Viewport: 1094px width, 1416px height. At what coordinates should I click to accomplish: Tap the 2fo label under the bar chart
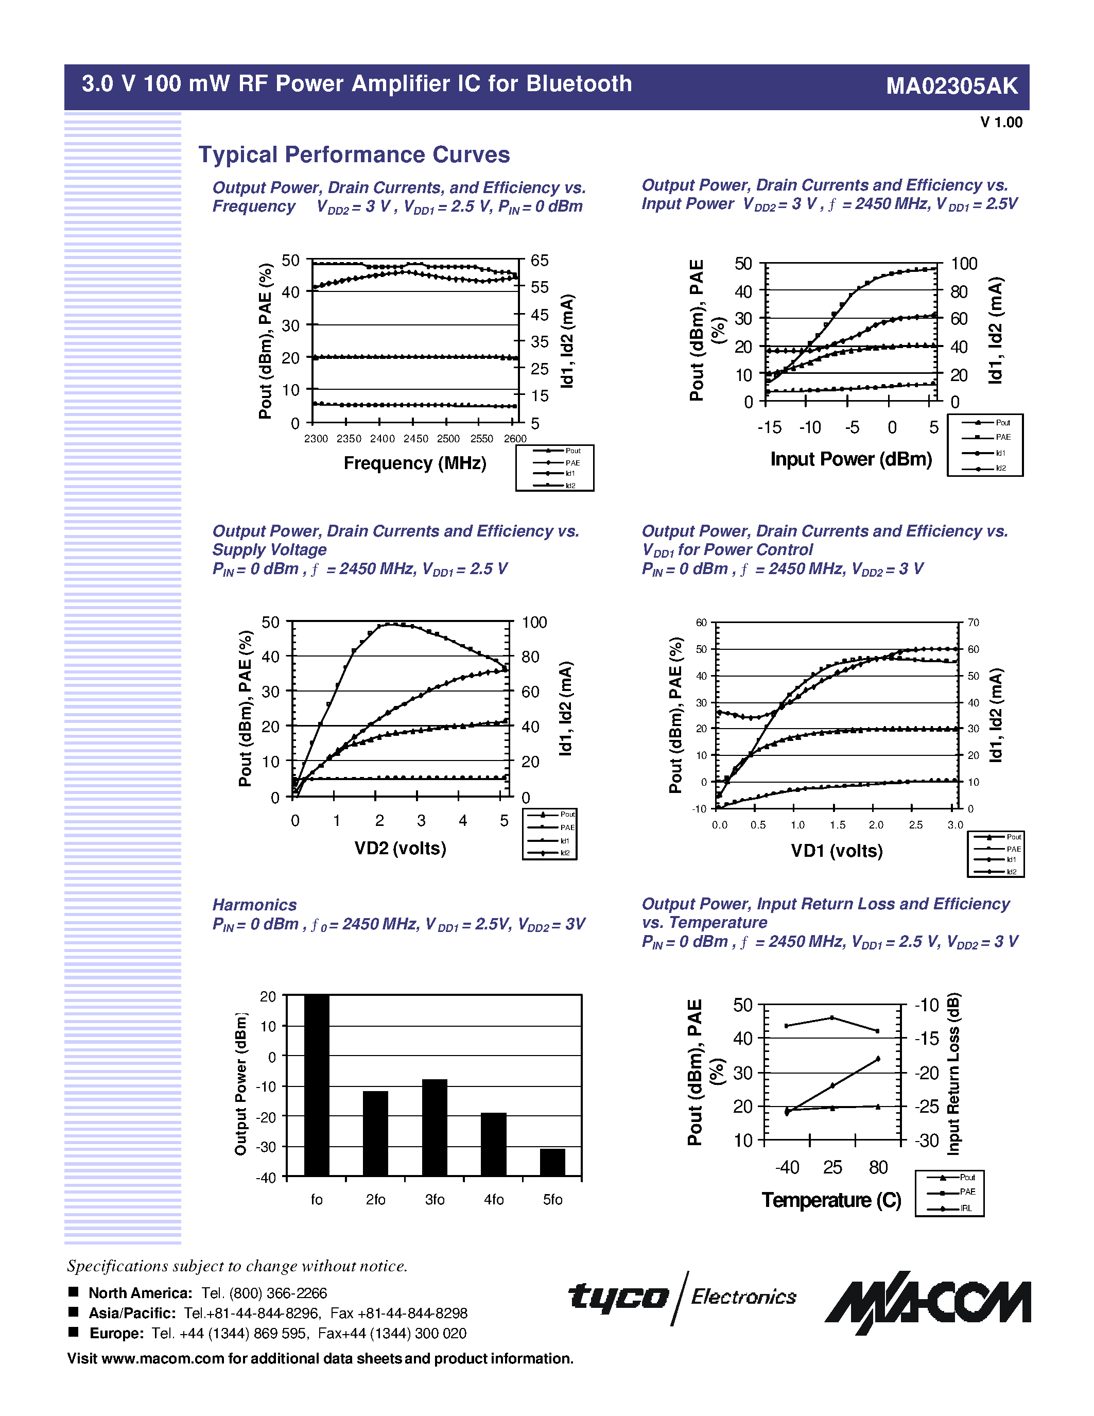click(x=375, y=1199)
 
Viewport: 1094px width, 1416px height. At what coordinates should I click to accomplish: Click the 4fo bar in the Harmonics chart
click(x=493, y=1144)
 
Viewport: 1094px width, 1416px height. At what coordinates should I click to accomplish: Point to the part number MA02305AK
click(x=951, y=86)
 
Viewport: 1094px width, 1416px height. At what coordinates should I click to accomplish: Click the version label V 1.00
click(x=1001, y=123)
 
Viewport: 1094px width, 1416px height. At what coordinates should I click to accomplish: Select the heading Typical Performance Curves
click(x=354, y=155)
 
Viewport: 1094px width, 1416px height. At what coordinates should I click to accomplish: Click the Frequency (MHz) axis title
click(x=415, y=463)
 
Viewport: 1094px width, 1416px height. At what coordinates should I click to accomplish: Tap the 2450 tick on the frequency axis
click(x=415, y=439)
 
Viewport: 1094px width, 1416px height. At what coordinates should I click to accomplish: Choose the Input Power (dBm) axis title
click(x=851, y=459)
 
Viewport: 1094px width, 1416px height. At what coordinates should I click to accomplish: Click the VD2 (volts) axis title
click(x=400, y=848)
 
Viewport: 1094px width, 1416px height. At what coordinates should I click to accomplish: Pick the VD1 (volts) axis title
click(x=837, y=851)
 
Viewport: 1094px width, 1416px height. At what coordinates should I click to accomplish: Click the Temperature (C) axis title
click(x=831, y=1200)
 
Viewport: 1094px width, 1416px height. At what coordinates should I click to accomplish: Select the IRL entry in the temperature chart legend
click(x=966, y=1208)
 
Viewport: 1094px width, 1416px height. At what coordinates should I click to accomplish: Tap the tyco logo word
click(x=618, y=1297)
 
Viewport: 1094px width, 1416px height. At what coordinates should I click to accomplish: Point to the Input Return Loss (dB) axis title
click(x=953, y=1073)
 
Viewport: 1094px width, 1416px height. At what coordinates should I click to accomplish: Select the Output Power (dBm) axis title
click(x=241, y=1083)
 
